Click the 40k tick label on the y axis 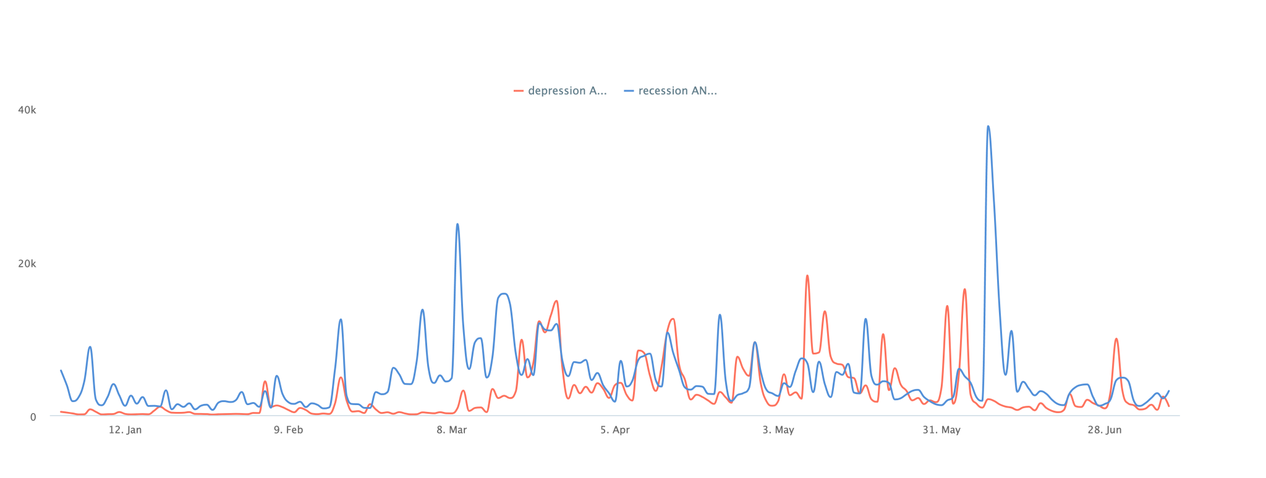pos(27,110)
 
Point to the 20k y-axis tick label pos(27,264)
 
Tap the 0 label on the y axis pos(33,417)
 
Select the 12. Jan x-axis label pos(125,430)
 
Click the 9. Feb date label pos(288,430)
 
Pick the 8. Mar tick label pos(451,430)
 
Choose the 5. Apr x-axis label pos(614,430)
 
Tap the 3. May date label pos(778,430)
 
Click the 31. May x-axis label pos(941,430)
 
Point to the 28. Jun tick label pos(1104,430)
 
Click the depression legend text pos(567,91)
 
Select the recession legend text pos(678,91)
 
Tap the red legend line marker pos(518,91)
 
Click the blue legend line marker pos(629,91)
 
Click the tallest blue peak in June pos(988,126)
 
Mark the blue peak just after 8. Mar pos(457,224)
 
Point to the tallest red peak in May pos(807,275)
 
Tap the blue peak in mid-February pos(340,319)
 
